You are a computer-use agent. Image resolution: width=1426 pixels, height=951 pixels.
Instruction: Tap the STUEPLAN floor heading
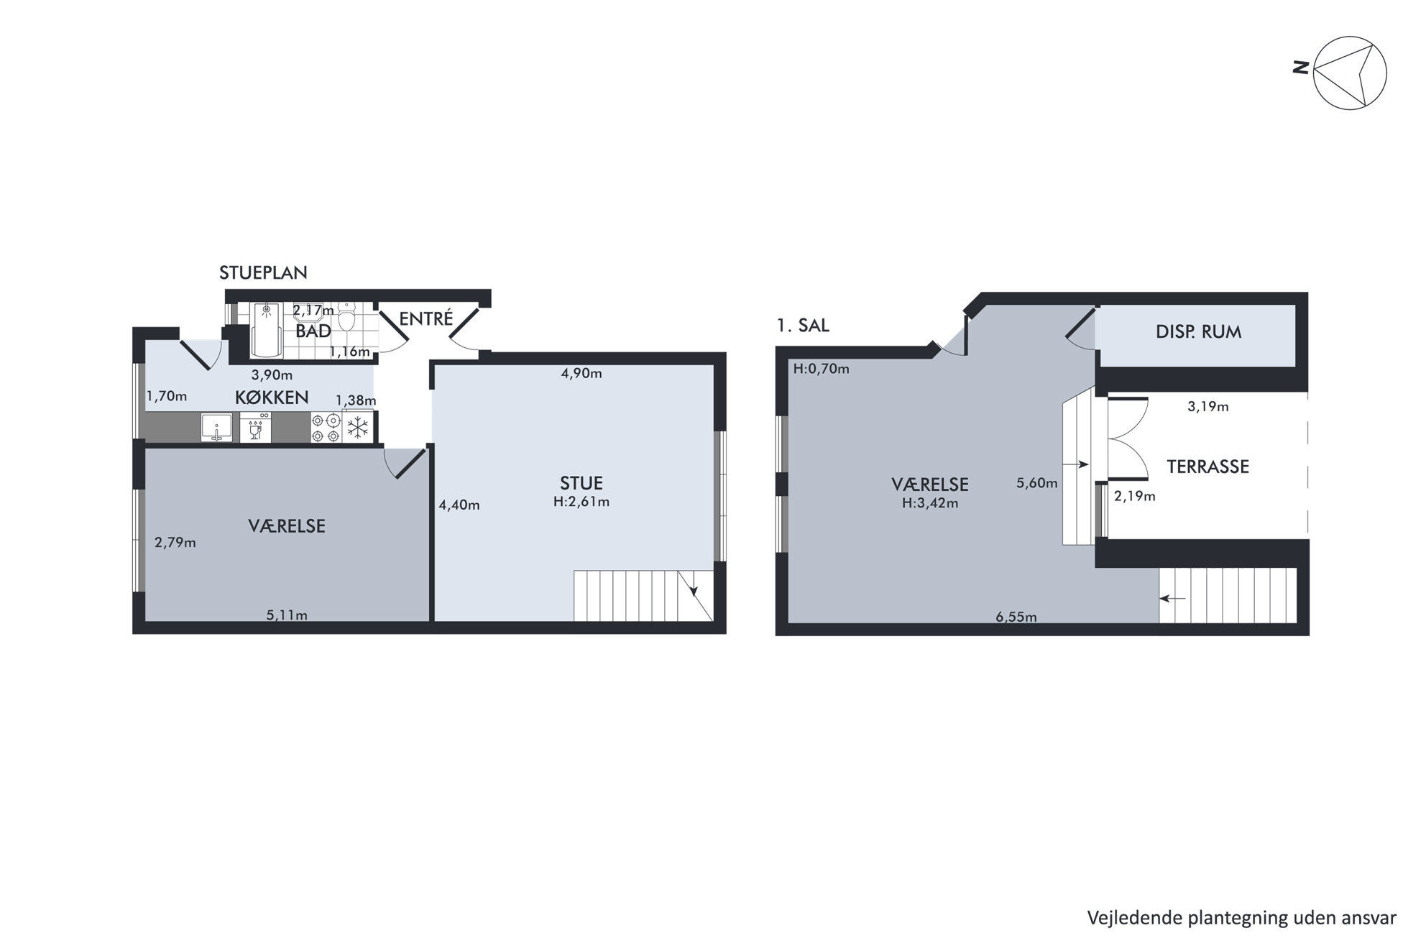[263, 273]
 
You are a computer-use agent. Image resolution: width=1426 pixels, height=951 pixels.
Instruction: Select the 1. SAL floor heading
[803, 326]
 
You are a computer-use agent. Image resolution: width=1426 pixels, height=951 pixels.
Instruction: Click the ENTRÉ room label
[426, 318]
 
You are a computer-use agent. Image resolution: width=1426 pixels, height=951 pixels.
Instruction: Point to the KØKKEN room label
[272, 398]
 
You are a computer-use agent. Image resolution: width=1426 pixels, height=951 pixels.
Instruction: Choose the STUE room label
[581, 483]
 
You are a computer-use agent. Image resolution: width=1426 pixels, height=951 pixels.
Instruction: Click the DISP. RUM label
[1198, 332]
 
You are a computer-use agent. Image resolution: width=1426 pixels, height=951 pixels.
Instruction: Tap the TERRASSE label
[1207, 467]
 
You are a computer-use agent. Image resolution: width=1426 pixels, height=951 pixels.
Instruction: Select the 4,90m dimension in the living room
[581, 374]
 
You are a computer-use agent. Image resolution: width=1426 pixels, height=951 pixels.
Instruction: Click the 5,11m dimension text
[287, 615]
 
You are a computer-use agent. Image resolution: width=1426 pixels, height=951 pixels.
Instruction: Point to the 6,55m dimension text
[1016, 617]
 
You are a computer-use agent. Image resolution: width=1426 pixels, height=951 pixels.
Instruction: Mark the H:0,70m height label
[821, 369]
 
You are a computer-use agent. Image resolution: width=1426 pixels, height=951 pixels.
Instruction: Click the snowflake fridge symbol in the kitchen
[358, 428]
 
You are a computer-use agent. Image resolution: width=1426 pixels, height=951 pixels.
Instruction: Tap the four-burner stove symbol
[326, 428]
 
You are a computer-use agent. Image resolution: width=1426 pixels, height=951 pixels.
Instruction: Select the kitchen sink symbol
[216, 428]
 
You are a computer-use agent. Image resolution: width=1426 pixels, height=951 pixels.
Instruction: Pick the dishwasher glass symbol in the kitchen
[255, 428]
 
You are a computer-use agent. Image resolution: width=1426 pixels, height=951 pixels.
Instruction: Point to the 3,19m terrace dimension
[1207, 407]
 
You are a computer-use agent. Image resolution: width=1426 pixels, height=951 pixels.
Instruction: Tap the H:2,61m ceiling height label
[581, 502]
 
